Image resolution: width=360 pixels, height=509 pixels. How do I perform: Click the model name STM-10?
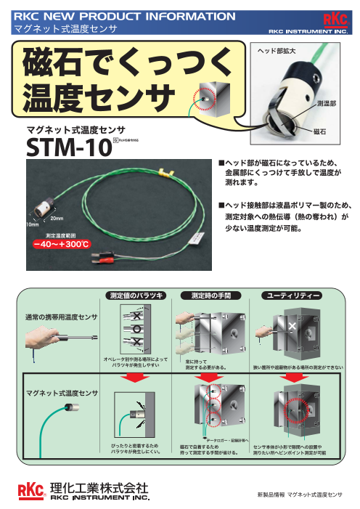(x=68, y=148)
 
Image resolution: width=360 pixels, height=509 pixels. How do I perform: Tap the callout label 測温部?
(x=327, y=104)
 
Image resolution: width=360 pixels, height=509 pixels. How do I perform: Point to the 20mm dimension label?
(x=57, y=219)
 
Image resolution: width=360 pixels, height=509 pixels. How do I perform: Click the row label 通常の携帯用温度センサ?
(x=57, y=318)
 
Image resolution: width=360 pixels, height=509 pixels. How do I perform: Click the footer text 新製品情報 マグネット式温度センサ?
(x=299, y=494)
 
